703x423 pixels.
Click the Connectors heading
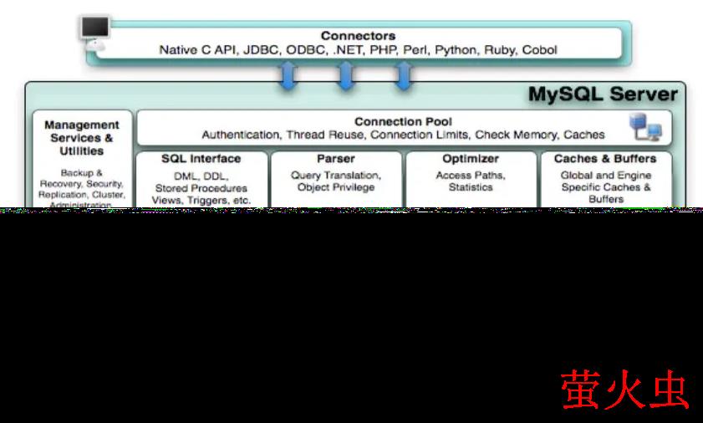[x=358, y=36]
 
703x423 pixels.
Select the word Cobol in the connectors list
[x=539, y=50]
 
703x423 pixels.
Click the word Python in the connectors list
[x=455, y=50]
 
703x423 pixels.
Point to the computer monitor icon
[x=94, y=32]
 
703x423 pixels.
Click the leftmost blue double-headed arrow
[x=289, y=76]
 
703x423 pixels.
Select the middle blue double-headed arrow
[x=345, y=76]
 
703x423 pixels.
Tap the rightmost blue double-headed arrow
[x=404, y=76]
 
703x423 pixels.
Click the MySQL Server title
[x=602, y=94]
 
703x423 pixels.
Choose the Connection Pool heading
[x=403, y=121]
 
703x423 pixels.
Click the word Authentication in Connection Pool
[x=241, y=135]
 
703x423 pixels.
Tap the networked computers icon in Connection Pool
[x=645, y=128]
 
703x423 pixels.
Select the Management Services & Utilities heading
[x=82, y=138]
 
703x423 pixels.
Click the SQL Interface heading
[x=201, y=159]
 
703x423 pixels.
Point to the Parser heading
[x=336, y=159]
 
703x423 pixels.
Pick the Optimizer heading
[x=471, y=159]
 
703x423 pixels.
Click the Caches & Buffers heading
[x=605, y=159]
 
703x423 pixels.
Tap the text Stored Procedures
[x=201, y=188]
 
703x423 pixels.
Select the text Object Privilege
[x=336, y=187]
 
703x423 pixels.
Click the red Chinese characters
[x=624, y=389]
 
